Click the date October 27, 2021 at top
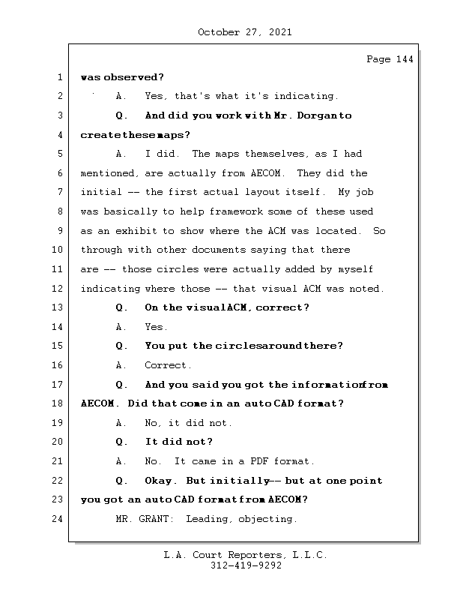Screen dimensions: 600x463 tap(244, 32)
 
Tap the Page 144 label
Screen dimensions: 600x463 tap(390, 59)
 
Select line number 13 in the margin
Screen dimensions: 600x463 tap(59, 307)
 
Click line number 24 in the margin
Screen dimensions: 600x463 tap(59, 519)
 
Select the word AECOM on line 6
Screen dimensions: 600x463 tap(269, 173)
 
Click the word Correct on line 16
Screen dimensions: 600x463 tap(168, 365)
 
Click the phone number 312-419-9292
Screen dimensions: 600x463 tap(245, 566)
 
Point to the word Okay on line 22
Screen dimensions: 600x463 tap(160, 481)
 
